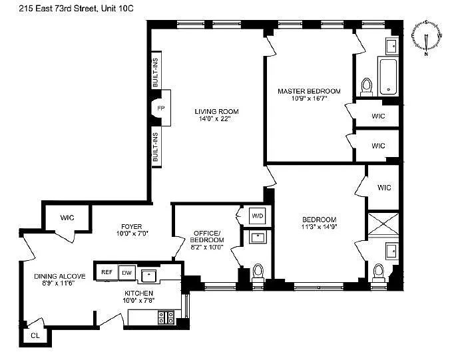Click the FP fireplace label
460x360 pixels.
click(160, 108)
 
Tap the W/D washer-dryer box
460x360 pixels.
click(258, 216)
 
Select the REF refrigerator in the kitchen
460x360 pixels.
click(107, 272)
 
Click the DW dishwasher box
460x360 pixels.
click(127, 273)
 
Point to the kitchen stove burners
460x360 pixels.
click(166, 317)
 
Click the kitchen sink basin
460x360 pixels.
click(148, 275)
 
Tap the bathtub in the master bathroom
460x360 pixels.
click(388, 77)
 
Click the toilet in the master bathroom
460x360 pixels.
click(366, 87)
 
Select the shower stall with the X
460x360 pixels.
click(383, 224)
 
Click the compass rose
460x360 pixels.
click(426, 37)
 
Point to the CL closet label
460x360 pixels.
click(35, 335)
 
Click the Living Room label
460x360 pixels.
click(216, 111)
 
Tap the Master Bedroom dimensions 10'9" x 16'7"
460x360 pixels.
click(309, 98)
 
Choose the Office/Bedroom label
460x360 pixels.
click(207, 237)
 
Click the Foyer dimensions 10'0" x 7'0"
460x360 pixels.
click(132, 234)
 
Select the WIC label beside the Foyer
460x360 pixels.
click(67, 218)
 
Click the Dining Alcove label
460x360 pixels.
click(59, 276)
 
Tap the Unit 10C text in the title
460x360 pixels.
click(117, 9)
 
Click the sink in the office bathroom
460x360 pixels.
click(258, 237)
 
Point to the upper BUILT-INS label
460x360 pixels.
click(156, 73)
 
